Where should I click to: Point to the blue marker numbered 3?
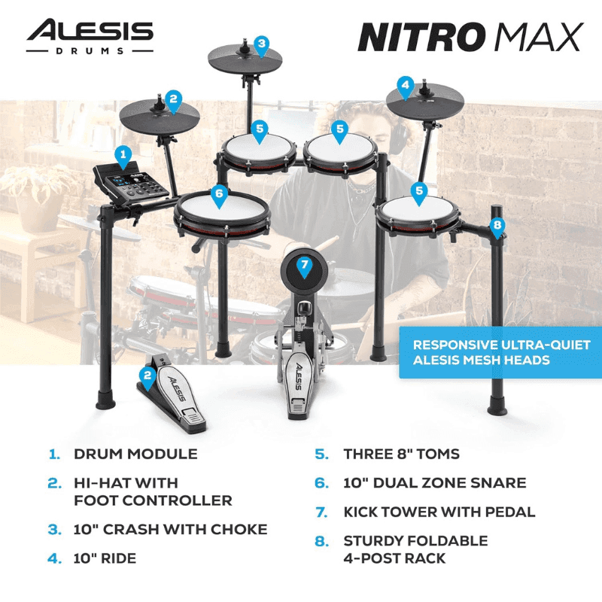(261, 44)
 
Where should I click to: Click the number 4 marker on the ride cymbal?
(406, 86)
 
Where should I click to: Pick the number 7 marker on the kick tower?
(303, 266)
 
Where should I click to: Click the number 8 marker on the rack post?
(496, 225)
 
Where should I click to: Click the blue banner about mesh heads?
(500, 352)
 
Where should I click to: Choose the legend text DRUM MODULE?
(135, 454)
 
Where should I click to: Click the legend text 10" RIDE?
(105, 558)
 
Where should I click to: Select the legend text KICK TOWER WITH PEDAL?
(439, 512)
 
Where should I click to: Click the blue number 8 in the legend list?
(321, 541)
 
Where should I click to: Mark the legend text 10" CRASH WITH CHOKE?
(170, 529)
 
